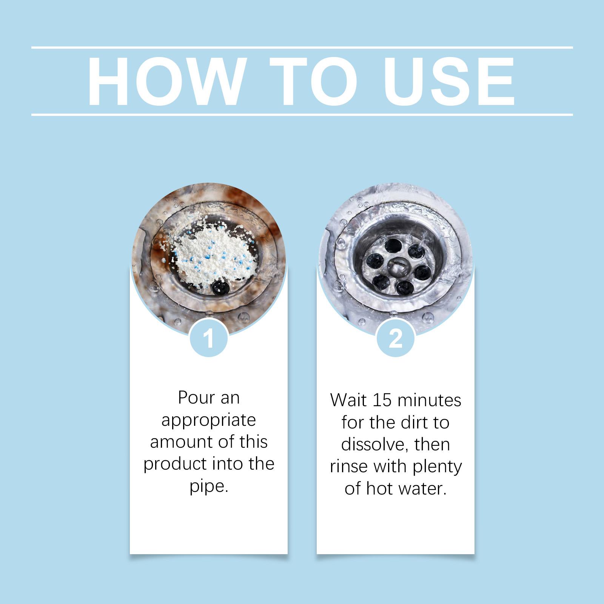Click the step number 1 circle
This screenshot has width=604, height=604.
[x=209, y=338]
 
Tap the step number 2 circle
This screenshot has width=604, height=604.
[x=396, y=338]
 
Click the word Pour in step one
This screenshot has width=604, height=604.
[x=195, y=398]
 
